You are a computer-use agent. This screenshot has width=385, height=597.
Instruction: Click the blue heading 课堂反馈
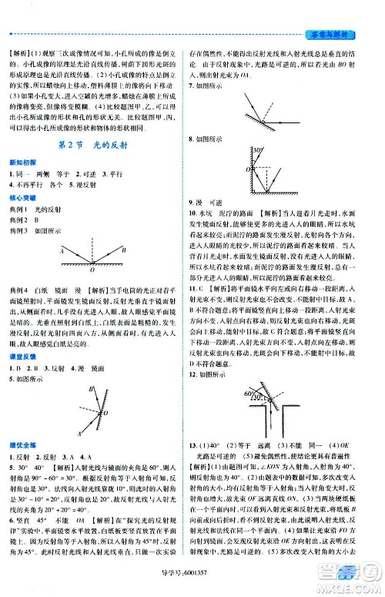point(22,348)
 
